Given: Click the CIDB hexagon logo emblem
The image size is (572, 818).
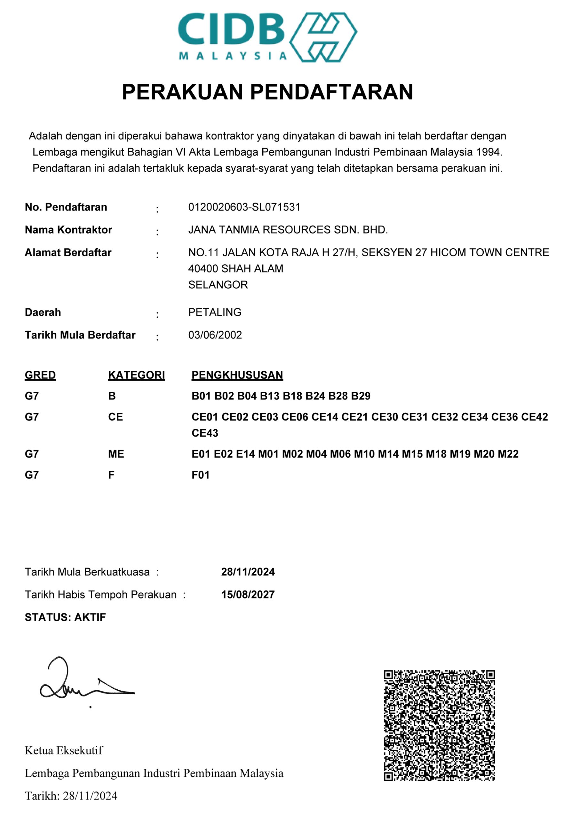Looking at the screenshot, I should click(323, 37).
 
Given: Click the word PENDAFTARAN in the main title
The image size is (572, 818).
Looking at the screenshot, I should click(331, 92).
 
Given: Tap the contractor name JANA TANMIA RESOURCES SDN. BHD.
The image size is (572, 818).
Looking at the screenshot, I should click(288, 230).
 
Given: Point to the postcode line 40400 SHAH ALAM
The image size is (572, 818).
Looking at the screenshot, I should click(235, 268).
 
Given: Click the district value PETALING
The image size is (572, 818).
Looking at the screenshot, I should click(215, 312).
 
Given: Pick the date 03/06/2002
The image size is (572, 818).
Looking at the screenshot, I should click(215, 335).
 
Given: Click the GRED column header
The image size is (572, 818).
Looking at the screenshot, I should click(40, 375).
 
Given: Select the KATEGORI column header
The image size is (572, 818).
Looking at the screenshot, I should click(136, 375).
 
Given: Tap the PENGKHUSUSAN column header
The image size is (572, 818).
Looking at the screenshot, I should click(237, 375).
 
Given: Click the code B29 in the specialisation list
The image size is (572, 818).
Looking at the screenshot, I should click(361, 396).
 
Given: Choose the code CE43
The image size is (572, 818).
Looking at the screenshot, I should click(205, 433).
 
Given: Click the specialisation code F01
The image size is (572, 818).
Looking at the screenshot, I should click(200, 475).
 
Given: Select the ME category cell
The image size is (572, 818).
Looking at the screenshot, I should click(116, 454).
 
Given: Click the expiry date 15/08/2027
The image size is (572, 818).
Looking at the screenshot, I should click(248, 595).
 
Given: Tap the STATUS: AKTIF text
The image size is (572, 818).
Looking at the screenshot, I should click(65, 617).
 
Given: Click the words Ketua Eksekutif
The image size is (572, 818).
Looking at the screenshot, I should click(63, 750).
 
